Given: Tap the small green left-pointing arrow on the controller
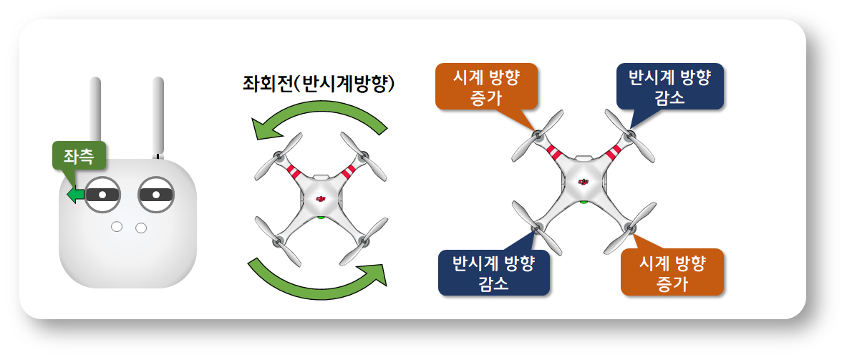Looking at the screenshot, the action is pos(75,195).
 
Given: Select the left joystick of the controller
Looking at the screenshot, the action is pos(102,194).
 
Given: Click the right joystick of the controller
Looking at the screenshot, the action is pos(156,194).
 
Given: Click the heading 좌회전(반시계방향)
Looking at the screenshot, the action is pos(319,84).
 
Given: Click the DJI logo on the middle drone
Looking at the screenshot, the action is pos(321,199).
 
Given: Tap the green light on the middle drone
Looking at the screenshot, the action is pos(321,216).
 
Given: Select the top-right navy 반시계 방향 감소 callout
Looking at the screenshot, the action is pos(669,87).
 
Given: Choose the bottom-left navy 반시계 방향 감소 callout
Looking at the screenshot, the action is pos(494,272).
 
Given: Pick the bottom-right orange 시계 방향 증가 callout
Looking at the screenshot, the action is pos(672,272).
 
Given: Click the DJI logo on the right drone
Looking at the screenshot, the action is pos(584,182).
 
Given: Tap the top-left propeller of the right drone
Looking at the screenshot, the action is pos(538,135).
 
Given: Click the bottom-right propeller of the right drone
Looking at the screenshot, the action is pos(629,228).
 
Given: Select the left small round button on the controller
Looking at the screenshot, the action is pos(116,227).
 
